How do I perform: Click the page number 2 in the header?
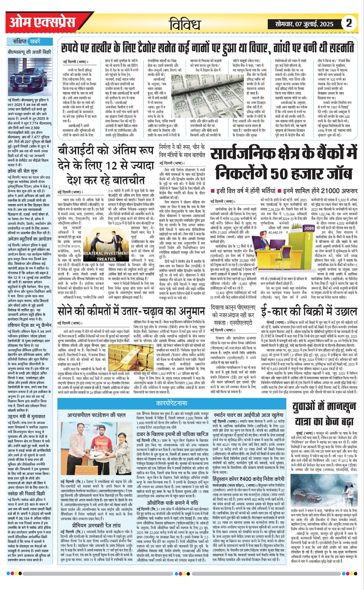click(349, 23)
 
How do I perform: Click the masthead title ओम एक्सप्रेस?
click(43, 23)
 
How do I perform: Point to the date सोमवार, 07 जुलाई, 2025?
click(304, 24)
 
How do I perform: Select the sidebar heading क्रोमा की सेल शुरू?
click(23, 171)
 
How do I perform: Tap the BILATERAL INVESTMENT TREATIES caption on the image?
click(106, 256)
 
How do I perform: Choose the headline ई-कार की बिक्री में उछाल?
click(309, 311)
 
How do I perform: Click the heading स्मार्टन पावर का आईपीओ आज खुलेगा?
click(249, 415)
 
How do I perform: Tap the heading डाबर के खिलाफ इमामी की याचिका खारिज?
click(172, 435)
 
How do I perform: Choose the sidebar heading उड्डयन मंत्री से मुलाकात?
click(27, 417)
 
